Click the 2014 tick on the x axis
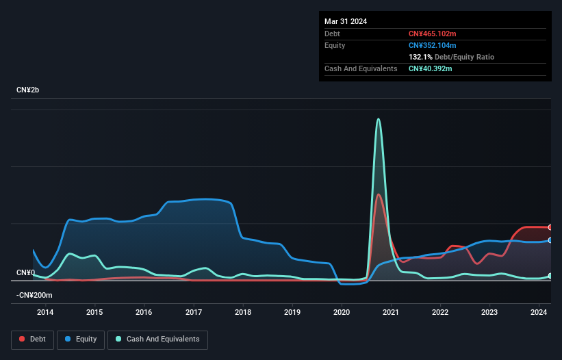45,313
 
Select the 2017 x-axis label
194,313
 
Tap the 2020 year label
342,313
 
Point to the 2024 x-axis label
539,313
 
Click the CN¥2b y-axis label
30,90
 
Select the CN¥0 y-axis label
25,272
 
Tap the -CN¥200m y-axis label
34,295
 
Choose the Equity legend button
81,339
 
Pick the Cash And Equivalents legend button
157,339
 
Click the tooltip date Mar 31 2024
346,21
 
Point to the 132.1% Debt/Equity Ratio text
451,57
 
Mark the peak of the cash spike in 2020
378,119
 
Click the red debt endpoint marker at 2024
550,227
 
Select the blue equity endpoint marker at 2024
550,240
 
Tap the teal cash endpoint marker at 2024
550,276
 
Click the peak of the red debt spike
379,194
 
